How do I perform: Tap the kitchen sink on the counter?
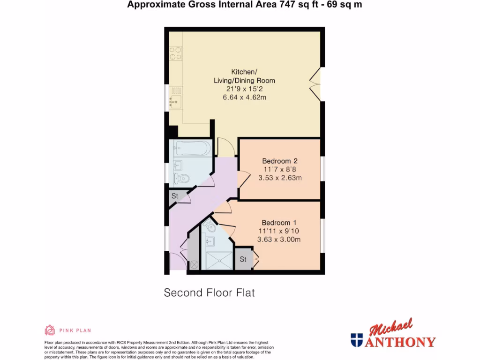click(x=175, y=100)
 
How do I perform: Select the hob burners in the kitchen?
click(x=176, y=52)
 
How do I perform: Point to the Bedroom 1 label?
click(x=279, y=222)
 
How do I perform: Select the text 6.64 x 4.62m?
click(x=244, y=97)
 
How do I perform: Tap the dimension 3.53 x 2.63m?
click(x=280, y=178)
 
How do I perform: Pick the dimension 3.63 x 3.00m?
click(x=279, y=240)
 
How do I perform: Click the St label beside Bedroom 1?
click(x=243, y=259)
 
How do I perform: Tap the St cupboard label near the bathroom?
click(x=175, y=196)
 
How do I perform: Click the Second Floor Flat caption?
click(x=209, y=293)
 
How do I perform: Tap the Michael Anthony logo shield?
click(x=356, y=340)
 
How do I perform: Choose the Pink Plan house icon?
click(x=50, y=330)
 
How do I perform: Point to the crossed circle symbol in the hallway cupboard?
click(x=194, y=265)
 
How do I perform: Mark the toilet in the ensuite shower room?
click(x=210, y=228)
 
